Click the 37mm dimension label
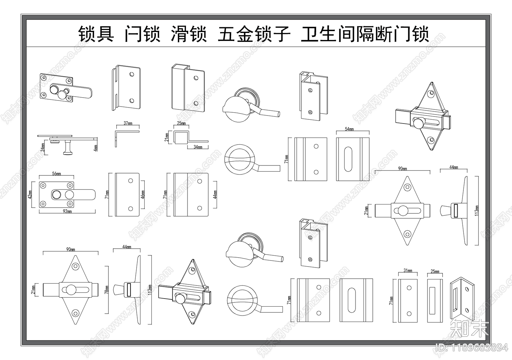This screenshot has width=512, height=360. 128,123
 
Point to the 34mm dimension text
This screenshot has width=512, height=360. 198,147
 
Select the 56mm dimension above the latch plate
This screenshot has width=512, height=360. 56,174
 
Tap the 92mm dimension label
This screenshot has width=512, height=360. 67,212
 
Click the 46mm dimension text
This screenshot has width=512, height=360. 143,194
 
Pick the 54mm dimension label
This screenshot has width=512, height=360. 349,129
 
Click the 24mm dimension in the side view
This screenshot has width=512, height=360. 43,147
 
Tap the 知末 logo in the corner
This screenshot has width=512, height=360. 469,328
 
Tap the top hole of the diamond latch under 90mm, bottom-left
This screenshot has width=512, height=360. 76,266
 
